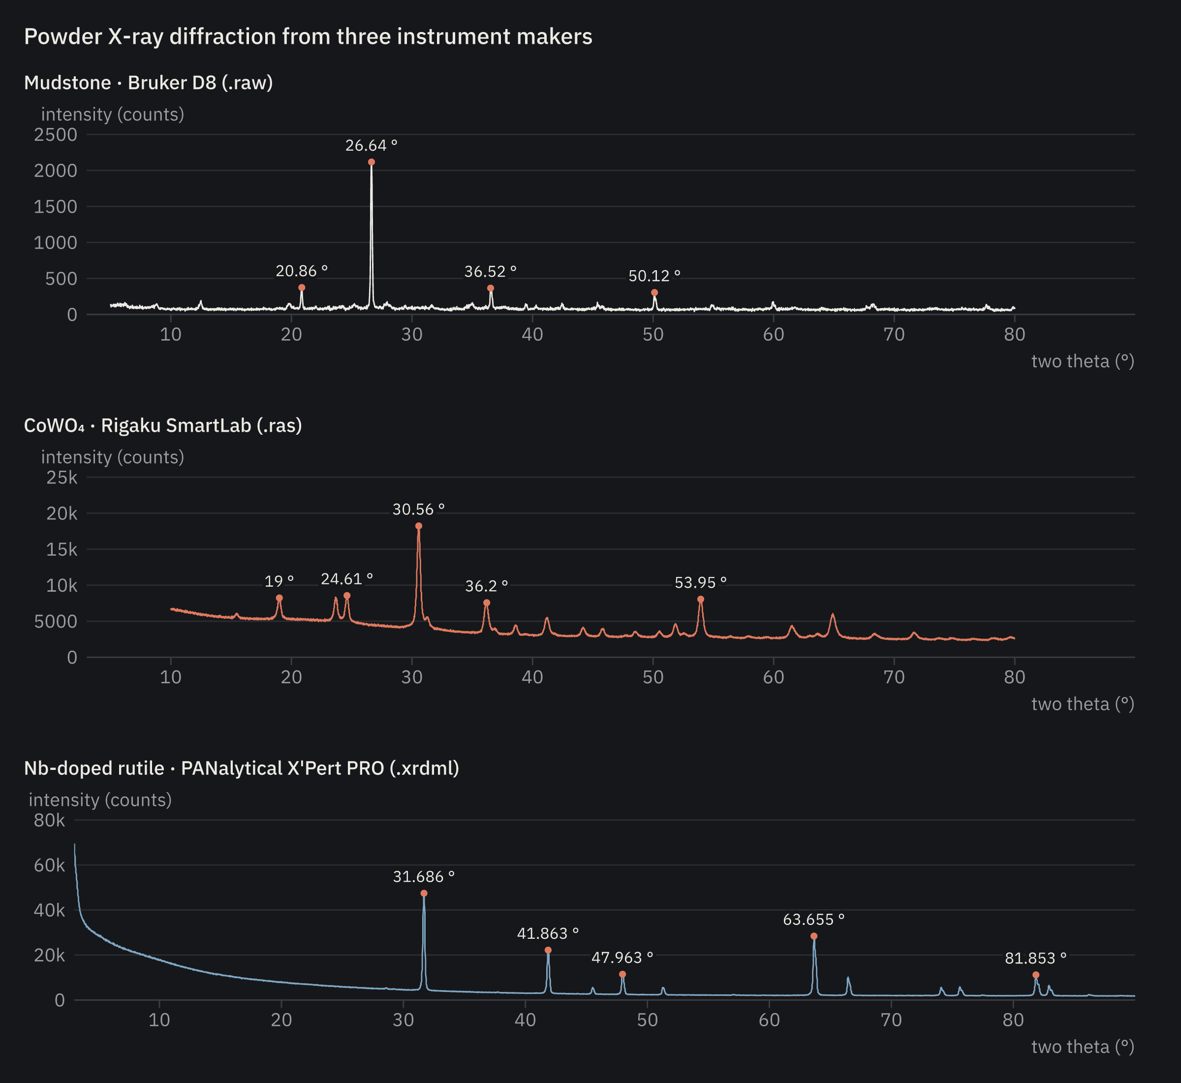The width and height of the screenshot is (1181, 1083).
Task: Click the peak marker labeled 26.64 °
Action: click(372, 162)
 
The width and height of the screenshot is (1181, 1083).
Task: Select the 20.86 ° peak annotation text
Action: click(302, 271)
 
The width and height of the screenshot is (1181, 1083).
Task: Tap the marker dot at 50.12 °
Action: click(654, 292)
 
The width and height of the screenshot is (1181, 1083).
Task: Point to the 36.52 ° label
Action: click(490, 271)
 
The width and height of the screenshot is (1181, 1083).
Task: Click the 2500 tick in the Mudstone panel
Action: click(56, 135)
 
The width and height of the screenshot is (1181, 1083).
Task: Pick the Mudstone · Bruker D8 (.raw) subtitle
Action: click(148, 83)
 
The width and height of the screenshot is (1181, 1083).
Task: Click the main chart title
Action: click(308, 36)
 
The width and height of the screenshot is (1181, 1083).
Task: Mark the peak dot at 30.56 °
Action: click(419, 526)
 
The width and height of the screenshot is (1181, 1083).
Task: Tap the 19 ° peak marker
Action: click(280, 598)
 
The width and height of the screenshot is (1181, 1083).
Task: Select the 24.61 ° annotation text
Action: click(347, 579)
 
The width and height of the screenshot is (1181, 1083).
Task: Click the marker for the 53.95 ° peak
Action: click(701, 599)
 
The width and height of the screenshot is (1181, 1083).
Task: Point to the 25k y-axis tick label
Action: click(62, 478)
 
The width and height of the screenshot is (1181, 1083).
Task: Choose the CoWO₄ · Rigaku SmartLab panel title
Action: click(163, 425)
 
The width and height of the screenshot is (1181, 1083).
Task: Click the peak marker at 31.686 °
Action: click(424, 893)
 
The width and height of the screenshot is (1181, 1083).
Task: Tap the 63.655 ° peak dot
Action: click(814, 936)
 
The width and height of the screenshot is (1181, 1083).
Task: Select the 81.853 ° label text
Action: click(1036, 958)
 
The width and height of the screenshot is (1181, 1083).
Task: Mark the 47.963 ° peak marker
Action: click(622, 974)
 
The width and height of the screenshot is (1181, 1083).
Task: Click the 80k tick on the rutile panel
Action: click(50, 820)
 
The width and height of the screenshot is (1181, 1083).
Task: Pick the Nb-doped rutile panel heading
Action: click(241, 768)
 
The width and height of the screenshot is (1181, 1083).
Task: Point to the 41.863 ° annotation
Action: click(548, 933)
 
